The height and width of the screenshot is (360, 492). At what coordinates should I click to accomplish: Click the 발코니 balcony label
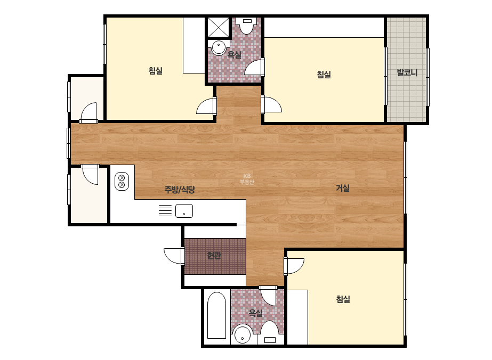tap(407, 72)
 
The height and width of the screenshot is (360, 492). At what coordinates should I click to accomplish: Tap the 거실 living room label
tap(343, 188)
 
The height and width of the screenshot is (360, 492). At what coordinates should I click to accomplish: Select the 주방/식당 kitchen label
tap(180, 190)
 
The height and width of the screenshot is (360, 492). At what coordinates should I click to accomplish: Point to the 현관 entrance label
tap(214, 256)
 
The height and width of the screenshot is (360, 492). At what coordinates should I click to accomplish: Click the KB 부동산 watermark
tap(247, 179)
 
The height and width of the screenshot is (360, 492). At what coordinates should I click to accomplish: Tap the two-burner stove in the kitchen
tap(122, 181)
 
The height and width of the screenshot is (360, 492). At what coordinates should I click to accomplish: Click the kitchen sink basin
tap(184, 211)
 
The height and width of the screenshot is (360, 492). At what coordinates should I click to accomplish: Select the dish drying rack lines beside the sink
tap(165, 210)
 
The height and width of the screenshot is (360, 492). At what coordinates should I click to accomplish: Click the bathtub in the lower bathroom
tap(216, 315)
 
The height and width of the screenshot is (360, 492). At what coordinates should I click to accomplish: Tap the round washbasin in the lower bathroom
tap(242, 334)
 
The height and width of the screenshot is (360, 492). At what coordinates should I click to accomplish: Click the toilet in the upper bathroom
tap(247, 25)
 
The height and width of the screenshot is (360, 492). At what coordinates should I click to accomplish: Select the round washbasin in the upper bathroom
tap(219, 47)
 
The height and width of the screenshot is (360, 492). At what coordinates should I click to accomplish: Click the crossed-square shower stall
tap(219, 27)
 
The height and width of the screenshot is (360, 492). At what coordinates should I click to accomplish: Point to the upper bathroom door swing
tap(254, 67)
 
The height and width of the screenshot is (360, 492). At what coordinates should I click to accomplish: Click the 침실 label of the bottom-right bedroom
tap(343, 299)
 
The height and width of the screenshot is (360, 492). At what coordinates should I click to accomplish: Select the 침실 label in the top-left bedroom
tap(156, 70)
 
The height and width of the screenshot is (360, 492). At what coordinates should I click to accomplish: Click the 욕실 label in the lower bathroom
tap(256, 313)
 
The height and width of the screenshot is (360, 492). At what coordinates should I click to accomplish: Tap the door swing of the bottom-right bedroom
tap(294, 266)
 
